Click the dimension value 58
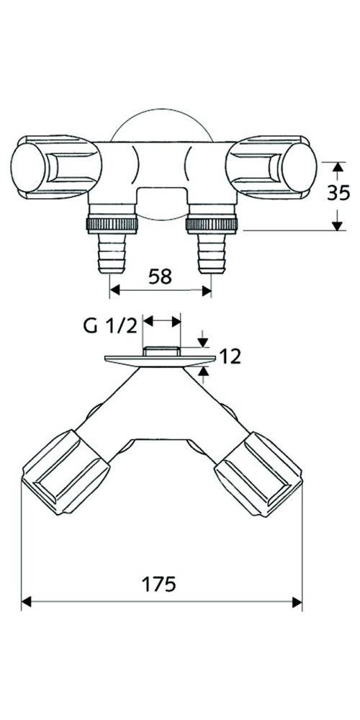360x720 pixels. pyautogui.click(x=161, y=276)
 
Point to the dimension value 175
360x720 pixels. pyautogui.click(x=159, y=584)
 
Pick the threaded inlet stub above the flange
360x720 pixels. pyautogui.click(x=161, y=351)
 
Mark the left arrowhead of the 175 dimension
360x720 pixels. pyautogui.click(x=26, y=602)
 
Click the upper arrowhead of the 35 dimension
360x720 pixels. pyautogui.click(x=336, y=166)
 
